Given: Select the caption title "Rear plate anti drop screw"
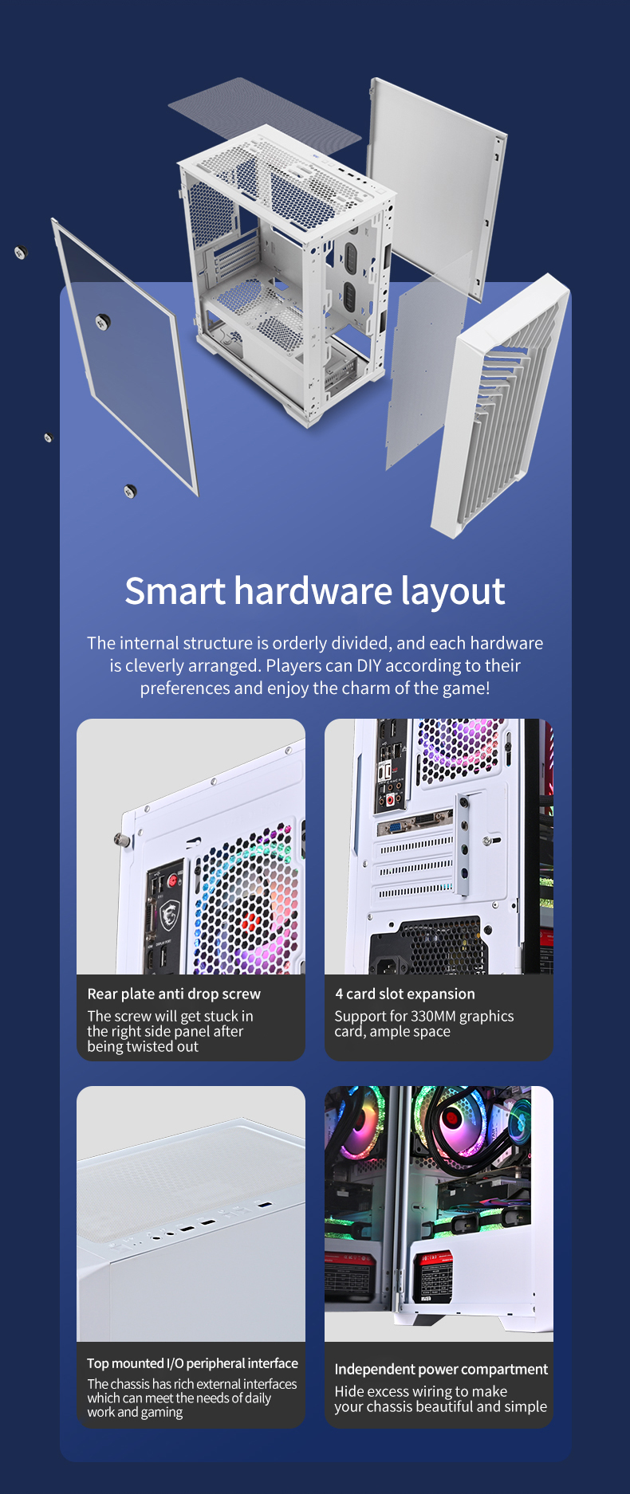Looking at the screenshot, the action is click(174, 994).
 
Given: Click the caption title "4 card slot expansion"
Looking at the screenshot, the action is click(405, 994).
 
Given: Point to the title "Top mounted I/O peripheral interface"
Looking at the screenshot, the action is click(192, 1363).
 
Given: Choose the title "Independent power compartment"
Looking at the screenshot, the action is click(441, 1369).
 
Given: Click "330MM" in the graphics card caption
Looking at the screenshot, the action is click(433, 1016).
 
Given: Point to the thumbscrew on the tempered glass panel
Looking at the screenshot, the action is click(102, 321).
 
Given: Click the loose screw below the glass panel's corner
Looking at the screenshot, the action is click(130, 491).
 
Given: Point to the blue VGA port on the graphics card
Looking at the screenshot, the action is click(396, 826).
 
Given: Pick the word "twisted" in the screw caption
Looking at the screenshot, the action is click(150, 1046).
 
